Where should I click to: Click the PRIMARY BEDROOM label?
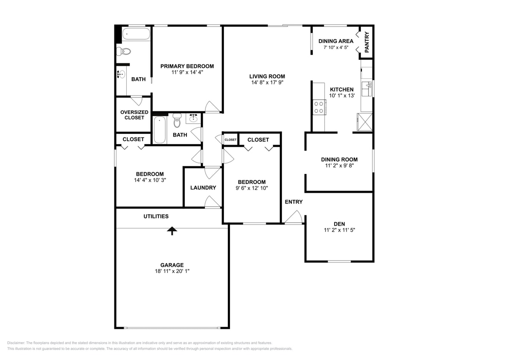[x=187, y=66]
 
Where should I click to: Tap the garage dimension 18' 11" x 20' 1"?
[x=172, y=271]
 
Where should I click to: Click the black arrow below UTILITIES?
[x=172, y=231]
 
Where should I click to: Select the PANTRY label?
[x=367, y=42]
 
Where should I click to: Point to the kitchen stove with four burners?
[x=319, y=107]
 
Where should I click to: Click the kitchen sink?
[x=367, y=89]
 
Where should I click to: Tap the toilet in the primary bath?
[x=124, y=51]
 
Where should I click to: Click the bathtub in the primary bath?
[x=136, y=34]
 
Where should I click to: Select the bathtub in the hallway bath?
[x=160, y=130]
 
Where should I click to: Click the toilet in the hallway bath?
[x=177, y=120]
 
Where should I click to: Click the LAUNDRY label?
[x=203, y=188]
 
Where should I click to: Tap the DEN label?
[x=339, y=224]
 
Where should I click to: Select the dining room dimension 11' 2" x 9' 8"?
[x=339, y=165]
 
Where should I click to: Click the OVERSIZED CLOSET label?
[x=134, y=115]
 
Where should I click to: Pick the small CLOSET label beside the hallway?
[x=230, y=139]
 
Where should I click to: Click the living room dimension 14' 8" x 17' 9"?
[x=267, y=82]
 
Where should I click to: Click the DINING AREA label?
[x=336, y=41]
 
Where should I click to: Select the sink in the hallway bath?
[x=193, y=118]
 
